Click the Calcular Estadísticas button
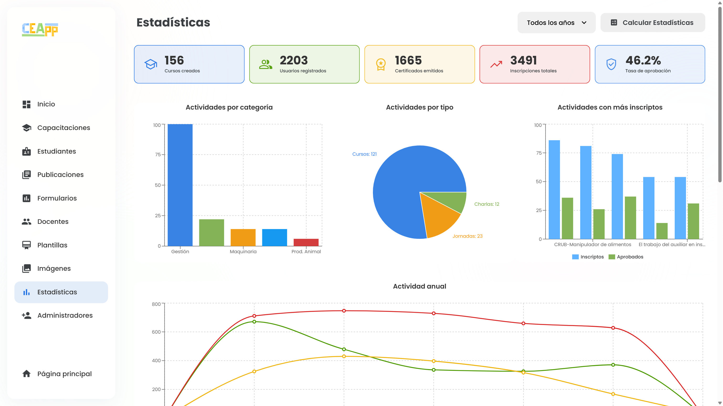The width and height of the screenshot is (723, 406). pyautogui.click(x=653, y=23)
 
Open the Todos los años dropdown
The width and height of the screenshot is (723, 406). pyautogui.click(x=556, y=23)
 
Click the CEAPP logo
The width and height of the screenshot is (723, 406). pyautogui.click(x=40, y=29)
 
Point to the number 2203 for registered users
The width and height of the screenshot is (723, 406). pyautogui.click(x=294, y=60)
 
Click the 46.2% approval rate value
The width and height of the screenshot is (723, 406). pyautogui.click(x=643, y=60)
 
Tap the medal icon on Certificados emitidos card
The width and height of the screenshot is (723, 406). pyautogui.click(x=381, y=64)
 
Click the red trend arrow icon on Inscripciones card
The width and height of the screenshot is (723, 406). pyautogui.click(x=496, y=64)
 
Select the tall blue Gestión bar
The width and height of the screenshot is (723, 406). pyautogui.click(x=180, y=185)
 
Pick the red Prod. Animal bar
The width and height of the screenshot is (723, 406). pyautogui.click(x=306, y=242)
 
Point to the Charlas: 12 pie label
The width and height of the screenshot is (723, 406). pyautogui.click(x=487, y=204)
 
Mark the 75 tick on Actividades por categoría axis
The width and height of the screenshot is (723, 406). pyautogui.click(x=158, y=155)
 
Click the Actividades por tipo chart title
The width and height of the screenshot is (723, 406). pyautogui.click(x=420, y=107)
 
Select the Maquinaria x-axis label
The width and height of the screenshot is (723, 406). pyautogui.click(x=243, y=252)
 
